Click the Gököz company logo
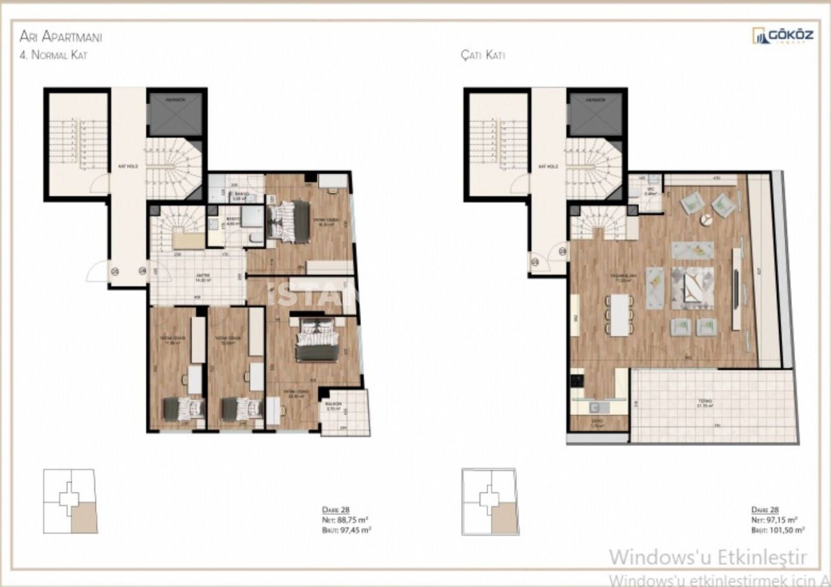(x=782, y=36)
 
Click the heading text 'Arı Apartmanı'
(x=60, y=36)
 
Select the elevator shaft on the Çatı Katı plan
(x=595, y=114)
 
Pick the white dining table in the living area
(x=620, y=315)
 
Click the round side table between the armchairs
(x=706, y=220)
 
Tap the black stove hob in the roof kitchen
(x=577, y=377)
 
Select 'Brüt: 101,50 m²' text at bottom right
(x=778, y=530)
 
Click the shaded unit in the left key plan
(x=83, y=518)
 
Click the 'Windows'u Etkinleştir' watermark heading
(x=708, y=557)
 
